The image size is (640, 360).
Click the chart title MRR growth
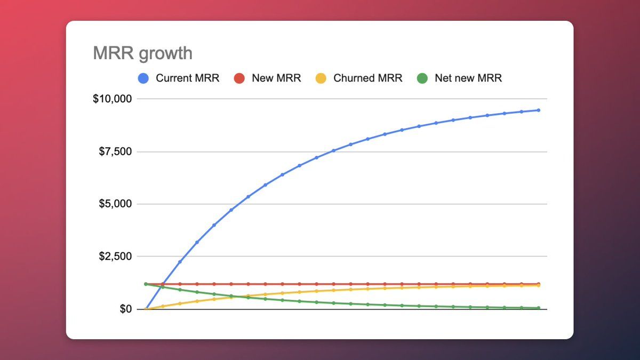click(142, 53)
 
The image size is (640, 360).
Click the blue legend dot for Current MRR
click(143, 78)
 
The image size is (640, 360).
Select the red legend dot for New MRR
click(239, 78)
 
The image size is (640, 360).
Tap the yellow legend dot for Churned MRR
click(320, 78)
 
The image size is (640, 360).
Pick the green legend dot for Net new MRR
click(422, 78)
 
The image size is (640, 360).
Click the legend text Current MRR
click(187, 78)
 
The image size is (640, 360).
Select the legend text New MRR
click(276, 78)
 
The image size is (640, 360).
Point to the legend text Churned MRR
click(367, 78)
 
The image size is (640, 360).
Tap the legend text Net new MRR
click(468, 78)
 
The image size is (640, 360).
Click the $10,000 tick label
click(113, 99)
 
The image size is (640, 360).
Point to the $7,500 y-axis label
click(116, 151)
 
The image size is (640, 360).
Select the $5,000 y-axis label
click(116, 204)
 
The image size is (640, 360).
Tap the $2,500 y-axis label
click(116, 257)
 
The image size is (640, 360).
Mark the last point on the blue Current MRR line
click(538, 110)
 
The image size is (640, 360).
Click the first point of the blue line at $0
click(146, 309)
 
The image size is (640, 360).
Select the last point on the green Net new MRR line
click(538, 308)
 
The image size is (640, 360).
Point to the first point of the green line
click(146, 284)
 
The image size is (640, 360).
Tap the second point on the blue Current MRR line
click(163, 284)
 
